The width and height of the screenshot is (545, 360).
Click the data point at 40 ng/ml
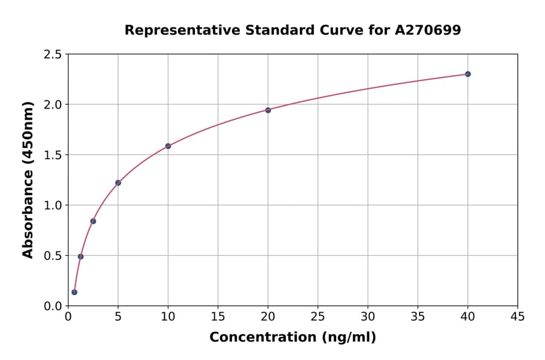pos(467,74)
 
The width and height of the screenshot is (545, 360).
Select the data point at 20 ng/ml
pos(268,110)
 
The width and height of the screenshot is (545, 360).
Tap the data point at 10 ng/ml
pos(168,146)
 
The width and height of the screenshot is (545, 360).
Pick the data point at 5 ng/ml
pos(118,182)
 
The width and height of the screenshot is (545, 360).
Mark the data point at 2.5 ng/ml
pos(93,221)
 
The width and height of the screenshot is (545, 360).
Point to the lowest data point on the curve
pos(74,292)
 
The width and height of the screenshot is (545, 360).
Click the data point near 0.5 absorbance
pos(81,256)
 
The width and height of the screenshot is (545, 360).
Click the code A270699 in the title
pos(428,30)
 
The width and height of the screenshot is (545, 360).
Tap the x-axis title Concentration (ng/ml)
pos(292,338)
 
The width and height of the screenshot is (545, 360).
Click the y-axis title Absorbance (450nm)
pos(28,180)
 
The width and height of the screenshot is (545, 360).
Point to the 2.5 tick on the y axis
pos(53,55)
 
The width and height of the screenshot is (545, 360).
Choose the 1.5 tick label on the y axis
pos(53,155)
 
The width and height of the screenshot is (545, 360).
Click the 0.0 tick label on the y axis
pos(53,306)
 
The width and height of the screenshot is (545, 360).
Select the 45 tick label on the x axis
pos(518,316)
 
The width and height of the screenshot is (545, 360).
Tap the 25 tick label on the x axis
pos(318,316)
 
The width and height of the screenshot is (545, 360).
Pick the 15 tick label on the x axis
pos(218,316)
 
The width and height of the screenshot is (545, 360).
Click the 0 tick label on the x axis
pos(68,316)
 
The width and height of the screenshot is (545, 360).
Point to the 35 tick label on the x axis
pos(418,316)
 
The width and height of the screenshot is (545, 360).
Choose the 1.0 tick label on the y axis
pos(53,205)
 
